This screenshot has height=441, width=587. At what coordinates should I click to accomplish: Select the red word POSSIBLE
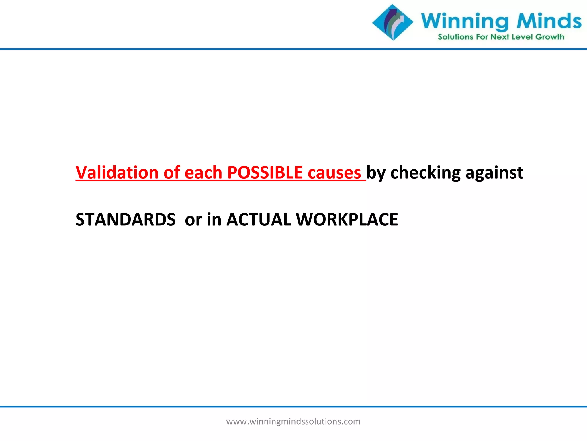point(265,173)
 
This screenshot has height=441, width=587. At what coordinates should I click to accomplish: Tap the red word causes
point(334,173)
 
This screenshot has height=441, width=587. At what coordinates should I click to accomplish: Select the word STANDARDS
point(126,220)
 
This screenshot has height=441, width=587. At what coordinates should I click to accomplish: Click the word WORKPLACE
point(347,220)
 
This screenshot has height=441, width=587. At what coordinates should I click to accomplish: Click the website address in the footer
point(293,421)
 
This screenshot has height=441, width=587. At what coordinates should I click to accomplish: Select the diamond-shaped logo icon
point(393,22)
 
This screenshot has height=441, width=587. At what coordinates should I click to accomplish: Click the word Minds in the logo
point(549,21)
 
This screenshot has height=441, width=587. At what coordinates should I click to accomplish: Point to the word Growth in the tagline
point(550,37)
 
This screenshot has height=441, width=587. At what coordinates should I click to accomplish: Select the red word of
point(172,173)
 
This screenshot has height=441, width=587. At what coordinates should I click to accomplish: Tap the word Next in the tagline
point(500,37)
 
